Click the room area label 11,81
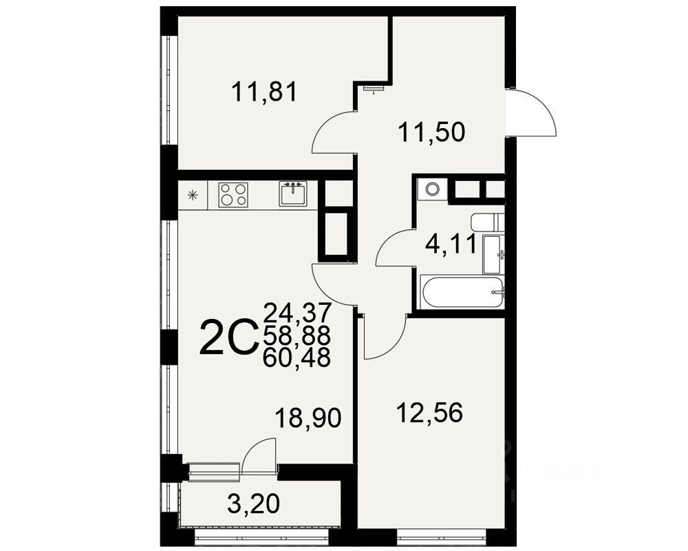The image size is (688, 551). [x=264, y=92]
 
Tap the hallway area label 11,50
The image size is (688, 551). [x=433, y=130]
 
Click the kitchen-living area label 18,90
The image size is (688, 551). [x=308, y=417]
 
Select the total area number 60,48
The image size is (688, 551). [x=297, y=357]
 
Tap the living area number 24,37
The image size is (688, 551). [x=297, y=313]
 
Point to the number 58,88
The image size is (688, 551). [x=297, y=335]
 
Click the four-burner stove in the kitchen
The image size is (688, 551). [x=233, y=195]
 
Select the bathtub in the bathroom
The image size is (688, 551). [x=463, y=293]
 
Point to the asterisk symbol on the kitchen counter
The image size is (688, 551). [x=192, y=195]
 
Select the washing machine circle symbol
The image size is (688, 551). [x=432, y=189]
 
